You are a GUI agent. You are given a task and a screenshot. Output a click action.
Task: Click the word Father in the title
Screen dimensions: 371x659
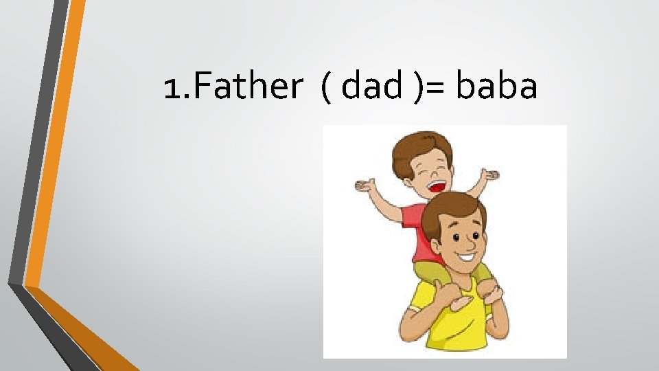point(233,87)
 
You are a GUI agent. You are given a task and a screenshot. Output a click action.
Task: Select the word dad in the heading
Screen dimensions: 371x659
point(371,87)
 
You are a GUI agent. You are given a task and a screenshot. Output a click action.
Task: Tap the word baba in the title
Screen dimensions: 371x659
point(496,87)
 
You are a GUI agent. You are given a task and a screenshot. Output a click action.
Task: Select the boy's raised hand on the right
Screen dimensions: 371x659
point(489,177)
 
